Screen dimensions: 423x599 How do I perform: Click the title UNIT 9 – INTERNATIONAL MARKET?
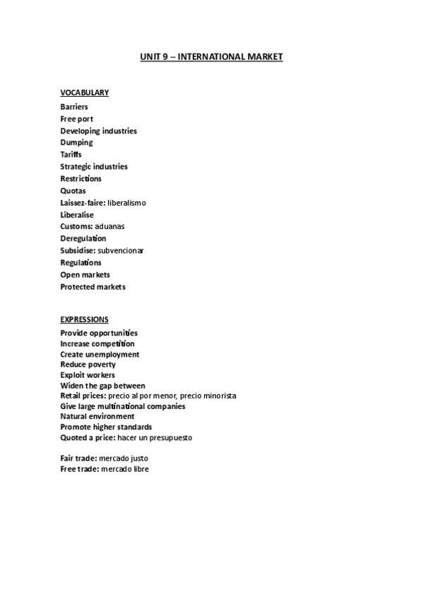[211, 57]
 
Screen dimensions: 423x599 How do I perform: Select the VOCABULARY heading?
[84, 93]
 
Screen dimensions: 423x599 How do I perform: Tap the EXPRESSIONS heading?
[84, 319]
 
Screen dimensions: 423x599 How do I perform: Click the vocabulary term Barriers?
[74, 107]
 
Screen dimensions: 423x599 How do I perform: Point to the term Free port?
[76, 119]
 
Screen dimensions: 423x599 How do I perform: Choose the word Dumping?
[76, 143]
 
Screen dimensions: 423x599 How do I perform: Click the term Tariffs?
[71, 155]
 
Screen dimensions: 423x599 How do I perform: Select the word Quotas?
[73, 191]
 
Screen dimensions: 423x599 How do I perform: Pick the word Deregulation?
[83, 239]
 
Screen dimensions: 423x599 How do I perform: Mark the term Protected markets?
[93, 287]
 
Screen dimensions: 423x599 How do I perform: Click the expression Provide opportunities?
[99, 333]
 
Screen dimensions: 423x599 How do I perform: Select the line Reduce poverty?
[88, 364]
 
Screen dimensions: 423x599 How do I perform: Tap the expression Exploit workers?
[88, 375]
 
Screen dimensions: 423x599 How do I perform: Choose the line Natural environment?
[97, 417]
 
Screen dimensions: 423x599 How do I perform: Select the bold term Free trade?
[78, 469]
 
